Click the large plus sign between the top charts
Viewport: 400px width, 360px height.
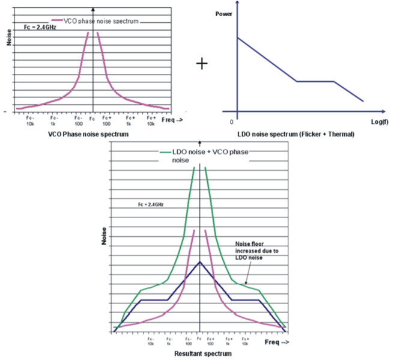(202, 63)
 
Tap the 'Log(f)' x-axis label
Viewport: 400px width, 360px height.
(373, 123)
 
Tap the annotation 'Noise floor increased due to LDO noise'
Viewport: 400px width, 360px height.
(255, 248)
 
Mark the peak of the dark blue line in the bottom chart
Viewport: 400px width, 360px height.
(200, 262)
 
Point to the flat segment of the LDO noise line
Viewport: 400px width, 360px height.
(315, 81)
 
